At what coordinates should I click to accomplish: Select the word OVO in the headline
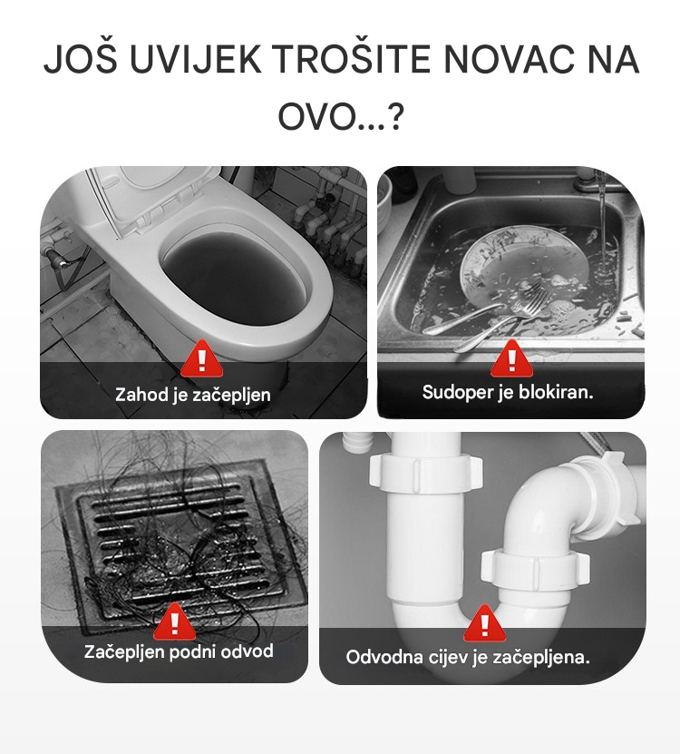click(x=316, y=117)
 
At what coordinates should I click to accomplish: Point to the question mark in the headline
click(x=395, y=117)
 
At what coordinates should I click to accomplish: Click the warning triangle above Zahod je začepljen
click(x=202, y=358)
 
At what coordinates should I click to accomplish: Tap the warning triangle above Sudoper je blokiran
click(x=511, y=358)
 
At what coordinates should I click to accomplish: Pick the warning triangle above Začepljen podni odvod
click(x=174, y=622)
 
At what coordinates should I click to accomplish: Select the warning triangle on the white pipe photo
click(x=485, y=623)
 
